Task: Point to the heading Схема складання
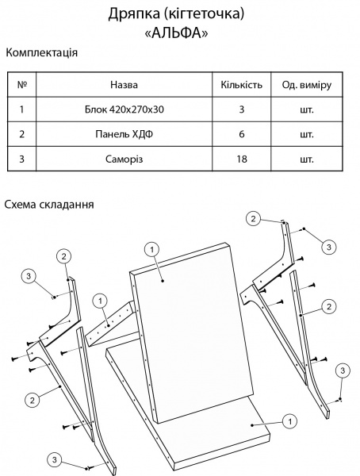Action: click(49, 204)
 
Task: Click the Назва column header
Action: click(124, 83)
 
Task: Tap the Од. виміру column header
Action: click(306, 83)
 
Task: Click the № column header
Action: click(21, 83)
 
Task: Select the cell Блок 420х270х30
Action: click(124, 109)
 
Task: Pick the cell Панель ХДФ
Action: click(124, 134)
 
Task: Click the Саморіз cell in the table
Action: click(124, 159)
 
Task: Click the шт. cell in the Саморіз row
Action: click(306, 159)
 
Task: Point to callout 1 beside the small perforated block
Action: click(100, 300)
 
